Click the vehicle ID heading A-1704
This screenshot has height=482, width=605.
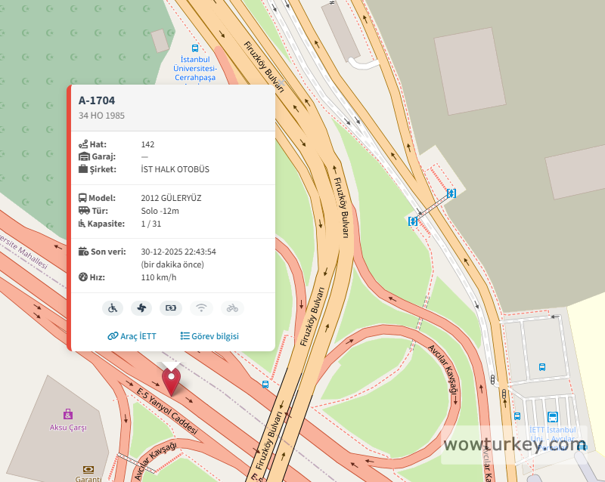click(97, 100)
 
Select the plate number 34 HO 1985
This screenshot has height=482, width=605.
click(101, 116)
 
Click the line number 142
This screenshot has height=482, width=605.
click(147, 144)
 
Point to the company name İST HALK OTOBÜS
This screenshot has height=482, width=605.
click(175, 169)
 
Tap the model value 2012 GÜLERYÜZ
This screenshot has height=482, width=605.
click(171, 198)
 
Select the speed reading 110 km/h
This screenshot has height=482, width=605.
click(158, 277)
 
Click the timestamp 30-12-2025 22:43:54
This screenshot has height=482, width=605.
click(178, 252)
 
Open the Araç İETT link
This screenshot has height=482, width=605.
click(132, 336)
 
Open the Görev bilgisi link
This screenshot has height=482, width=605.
click(209, 336)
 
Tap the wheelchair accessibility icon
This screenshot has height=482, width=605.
click(113, 307)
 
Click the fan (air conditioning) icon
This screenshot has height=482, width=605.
click(141, 307)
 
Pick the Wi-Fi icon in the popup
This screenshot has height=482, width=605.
click(201, 307)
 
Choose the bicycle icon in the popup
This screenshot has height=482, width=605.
click(232, 307)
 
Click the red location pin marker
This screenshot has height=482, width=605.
click(172, 378)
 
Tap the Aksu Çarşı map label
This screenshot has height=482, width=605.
click(68, 428)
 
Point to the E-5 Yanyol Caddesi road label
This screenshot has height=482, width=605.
click(167, 408)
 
